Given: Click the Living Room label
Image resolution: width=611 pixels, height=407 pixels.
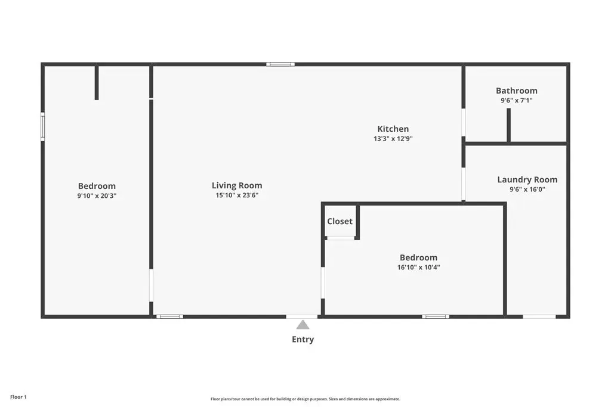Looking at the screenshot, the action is pyautogui.click(x=237, y=185).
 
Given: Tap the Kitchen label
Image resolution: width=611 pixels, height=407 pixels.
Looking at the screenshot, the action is pyautogui.click(x=393, y=129).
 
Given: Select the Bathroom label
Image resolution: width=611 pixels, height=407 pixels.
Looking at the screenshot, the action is pyautogui.click(x=516, y=91).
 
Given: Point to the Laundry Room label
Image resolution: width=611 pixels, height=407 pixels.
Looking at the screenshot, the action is pyautogui.click(x=527, y=180).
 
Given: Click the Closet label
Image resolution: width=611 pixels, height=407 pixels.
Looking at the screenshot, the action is pyautogui.click(x=340, y=222).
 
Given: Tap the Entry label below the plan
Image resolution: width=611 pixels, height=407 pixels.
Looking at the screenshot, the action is pyautogui.click(x=303, y=339).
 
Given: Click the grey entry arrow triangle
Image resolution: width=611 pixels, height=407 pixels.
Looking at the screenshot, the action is pyautogui.click(x=303, y=325).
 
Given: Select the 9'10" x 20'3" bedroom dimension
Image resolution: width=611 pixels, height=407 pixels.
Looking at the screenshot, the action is pyautogui.click(x=97, y=195).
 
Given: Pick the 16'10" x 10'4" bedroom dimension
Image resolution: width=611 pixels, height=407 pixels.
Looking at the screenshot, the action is pyautogui.click(x=418, y=268).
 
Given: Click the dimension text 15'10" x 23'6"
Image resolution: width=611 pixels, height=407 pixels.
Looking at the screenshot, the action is pyautogui.click(x=237, y=195).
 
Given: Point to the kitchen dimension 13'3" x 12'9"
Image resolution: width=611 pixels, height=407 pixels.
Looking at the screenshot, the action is pyautogui.click(x=393, y=138).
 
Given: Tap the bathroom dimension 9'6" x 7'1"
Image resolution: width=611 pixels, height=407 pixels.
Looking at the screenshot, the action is pyautogui.click(x=516, y=100).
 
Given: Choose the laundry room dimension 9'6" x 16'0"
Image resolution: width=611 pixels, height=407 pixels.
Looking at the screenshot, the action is pyautogui.click(x=527, y=189).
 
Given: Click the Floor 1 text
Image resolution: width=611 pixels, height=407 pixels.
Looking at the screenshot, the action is pyautogui.click(x=18, y=397).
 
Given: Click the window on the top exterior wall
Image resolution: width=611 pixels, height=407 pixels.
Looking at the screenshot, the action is pyautogui.click(x=280, y=64).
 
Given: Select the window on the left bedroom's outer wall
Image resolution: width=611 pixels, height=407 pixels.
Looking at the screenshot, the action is pyautogui.click(x=43, y=126).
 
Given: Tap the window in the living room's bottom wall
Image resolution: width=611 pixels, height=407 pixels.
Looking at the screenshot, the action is pyautogui.click(x=170, y=317).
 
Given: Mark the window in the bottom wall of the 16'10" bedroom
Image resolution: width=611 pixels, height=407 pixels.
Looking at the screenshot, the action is pyautogui.click(x=436, y=317).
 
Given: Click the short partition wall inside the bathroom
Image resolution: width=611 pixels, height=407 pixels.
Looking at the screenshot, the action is pyautogui.click(x=508, y=125).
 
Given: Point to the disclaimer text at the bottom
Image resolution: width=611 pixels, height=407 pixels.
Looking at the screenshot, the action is pyautogui.click(x=305, y=399).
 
